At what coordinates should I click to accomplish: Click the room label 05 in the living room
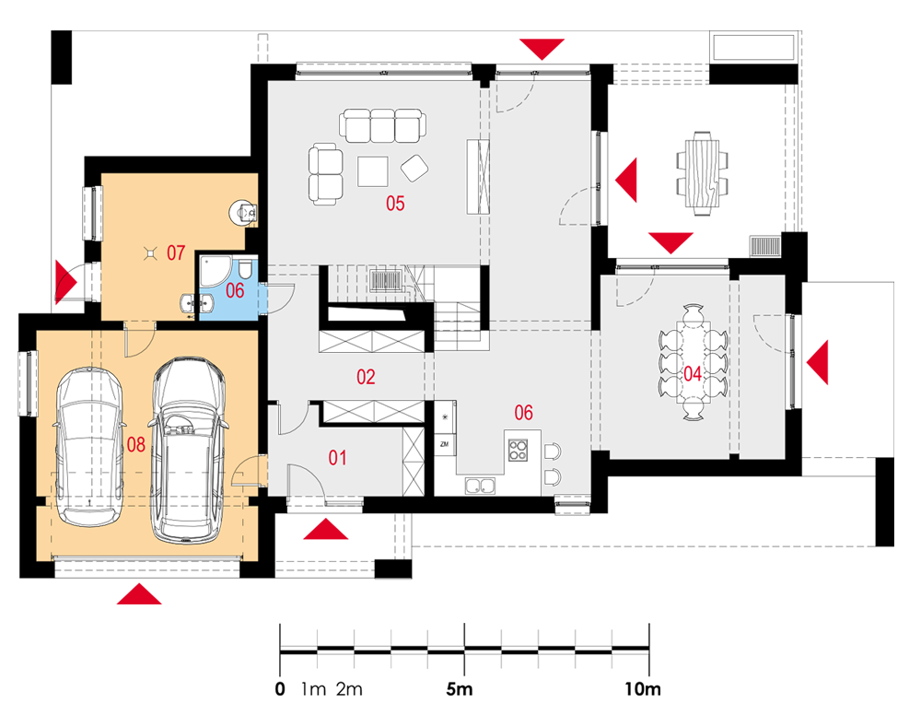click(395, 204)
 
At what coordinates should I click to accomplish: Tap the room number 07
click(176, 252)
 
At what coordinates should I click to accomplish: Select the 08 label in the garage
click(135, 444)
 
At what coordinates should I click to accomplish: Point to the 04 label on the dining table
click(693, 373)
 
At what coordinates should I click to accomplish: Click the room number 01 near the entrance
click(337, 457)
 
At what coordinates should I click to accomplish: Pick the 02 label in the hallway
click(366, 377)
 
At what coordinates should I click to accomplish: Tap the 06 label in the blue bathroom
click(235, 289)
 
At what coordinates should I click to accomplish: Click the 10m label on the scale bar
click(643, 689)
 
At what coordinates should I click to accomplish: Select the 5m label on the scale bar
click(459, 689)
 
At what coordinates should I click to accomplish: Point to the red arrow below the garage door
click(139, 593)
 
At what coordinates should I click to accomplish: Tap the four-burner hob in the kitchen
click(518, 451)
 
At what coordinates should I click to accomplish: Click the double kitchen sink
click(480, 486)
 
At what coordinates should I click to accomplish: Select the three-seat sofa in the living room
click(382, 125)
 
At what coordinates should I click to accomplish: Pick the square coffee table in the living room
click(372, 171)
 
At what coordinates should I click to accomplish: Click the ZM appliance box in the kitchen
click(444, 444)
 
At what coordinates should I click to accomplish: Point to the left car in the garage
click(89, 447)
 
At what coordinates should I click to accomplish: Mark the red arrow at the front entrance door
click(325, 529)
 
